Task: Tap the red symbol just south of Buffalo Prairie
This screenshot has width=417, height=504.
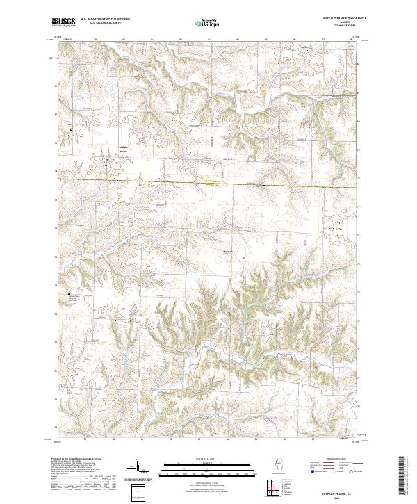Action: pos(106,165)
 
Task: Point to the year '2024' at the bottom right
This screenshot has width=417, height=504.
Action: pos(338,496)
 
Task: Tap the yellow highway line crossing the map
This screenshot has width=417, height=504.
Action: pos(208,184)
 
